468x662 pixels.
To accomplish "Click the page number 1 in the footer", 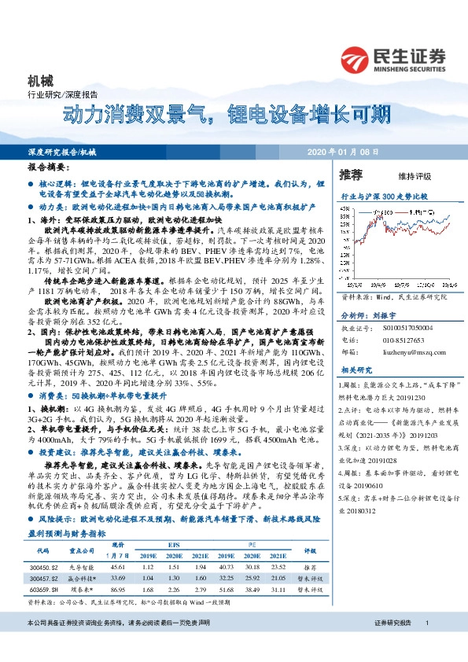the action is (x=426, y=645).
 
